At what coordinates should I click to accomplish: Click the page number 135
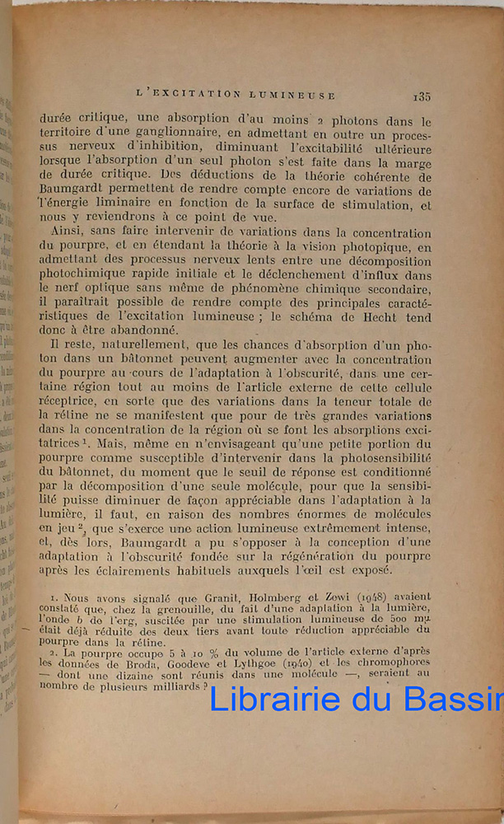(x=422, y=96)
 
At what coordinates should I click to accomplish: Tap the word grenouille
(x=161, y=607)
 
